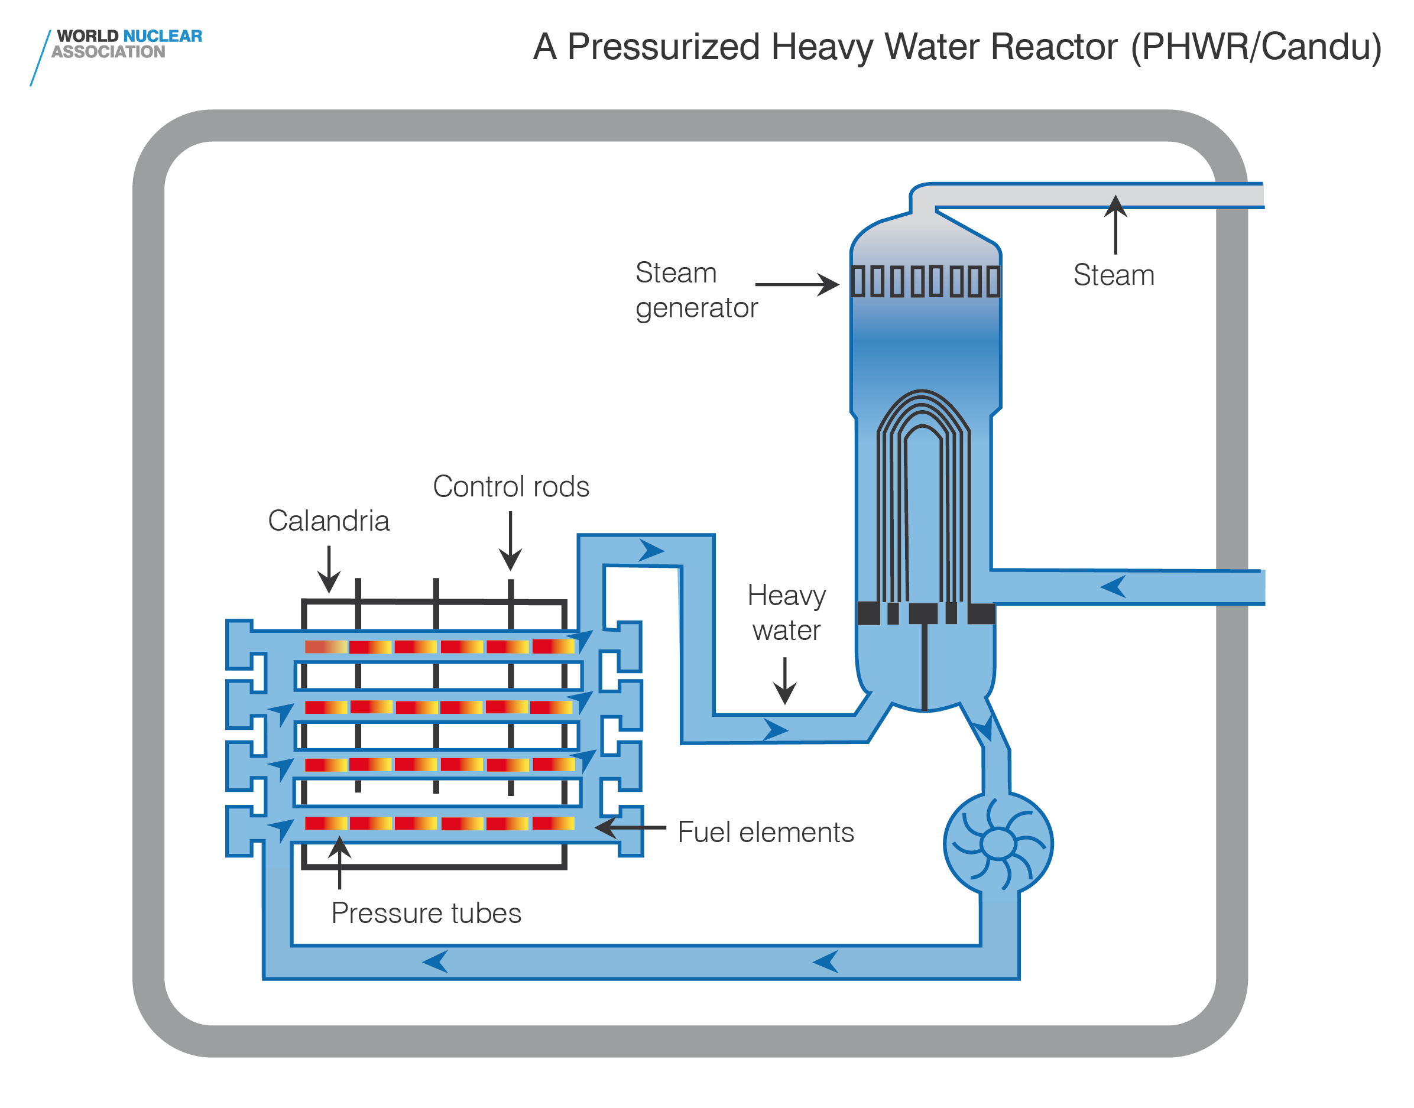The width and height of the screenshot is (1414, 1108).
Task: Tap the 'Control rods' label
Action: click(x=511, y=486)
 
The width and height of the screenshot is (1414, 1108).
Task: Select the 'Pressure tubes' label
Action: click(x=426, y=913)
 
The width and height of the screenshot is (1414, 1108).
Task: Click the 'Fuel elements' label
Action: click(x=765, y=831)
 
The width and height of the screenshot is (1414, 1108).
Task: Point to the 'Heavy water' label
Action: click(x=786, y=612)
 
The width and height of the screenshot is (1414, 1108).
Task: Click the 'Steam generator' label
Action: click(x=696, y=290)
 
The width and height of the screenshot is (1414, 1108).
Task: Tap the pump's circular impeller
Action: click(x=997, y=843)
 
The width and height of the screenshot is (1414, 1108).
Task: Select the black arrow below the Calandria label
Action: click(x=329, y=568)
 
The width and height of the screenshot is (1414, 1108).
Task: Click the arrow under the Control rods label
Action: click(x=511, y=540)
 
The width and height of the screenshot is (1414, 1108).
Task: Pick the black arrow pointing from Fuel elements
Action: click(x=630, y=827)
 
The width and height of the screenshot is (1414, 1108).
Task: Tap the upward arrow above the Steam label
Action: click(x=1115, y=224)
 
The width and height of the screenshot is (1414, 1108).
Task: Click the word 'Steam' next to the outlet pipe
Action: click(x=1114, y=275)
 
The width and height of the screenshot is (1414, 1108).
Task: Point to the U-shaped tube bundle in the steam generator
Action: click(x=923, y=493)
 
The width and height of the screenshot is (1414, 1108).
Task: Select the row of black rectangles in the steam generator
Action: click(x=925, y=281)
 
